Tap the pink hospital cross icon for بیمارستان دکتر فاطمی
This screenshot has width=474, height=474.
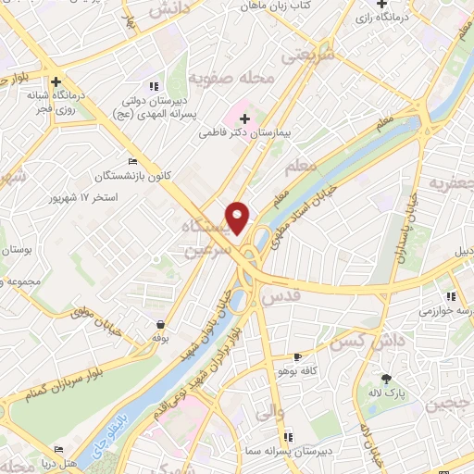[244, 118]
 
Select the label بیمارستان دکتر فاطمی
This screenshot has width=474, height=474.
[244, 133]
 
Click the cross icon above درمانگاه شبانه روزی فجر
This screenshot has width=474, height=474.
[57, 81]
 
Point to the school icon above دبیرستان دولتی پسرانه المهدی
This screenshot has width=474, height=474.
[154, 85]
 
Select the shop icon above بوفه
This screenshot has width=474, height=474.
[161, 325]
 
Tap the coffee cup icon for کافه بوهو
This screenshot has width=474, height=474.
[297, 356]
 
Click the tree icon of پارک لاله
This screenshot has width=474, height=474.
[386, 378]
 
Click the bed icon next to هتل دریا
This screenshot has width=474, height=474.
[59, 449]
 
